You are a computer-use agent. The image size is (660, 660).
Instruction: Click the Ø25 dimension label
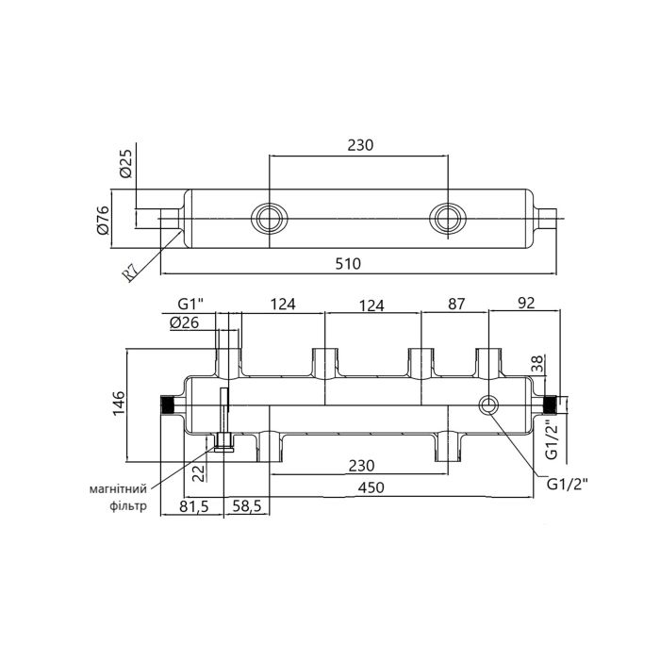[125, 166]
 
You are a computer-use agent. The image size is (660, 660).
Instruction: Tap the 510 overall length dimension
[349, 264]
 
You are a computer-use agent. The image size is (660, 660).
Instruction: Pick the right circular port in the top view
[444, 218]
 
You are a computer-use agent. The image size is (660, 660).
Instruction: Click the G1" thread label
[191, 305]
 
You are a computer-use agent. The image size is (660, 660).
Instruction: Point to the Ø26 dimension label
[186, 322]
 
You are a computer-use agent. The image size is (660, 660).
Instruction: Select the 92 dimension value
[526, 305]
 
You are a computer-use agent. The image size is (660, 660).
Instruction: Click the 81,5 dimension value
[195, 506]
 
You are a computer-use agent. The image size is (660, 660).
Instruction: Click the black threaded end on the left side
[171, 405]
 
